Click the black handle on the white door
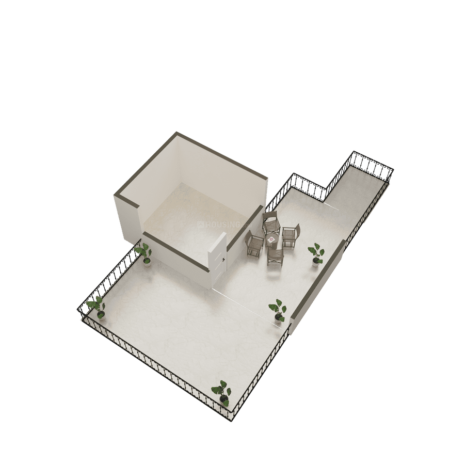[x=223, y=260]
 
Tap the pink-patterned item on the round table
[x=271, y=238]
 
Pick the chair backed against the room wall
[x=270, y=221]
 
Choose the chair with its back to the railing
[x=291, y=235]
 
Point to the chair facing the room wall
[x=275, y=256]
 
